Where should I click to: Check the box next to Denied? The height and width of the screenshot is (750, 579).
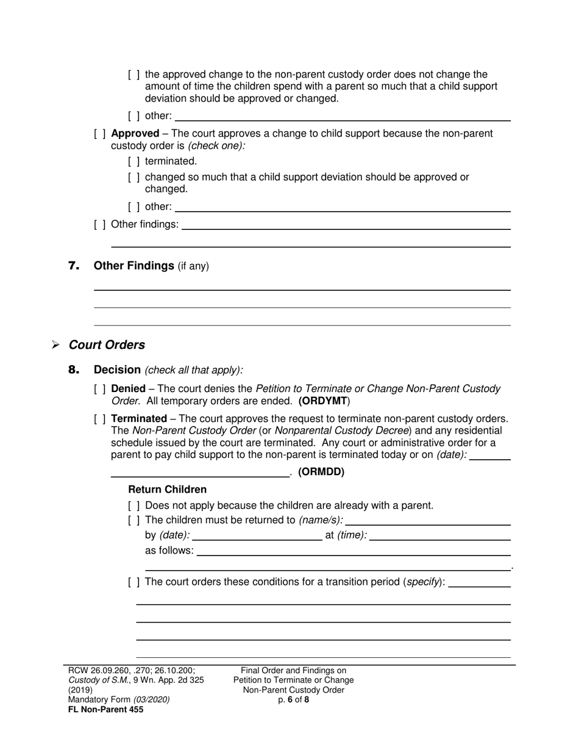pos(100,388)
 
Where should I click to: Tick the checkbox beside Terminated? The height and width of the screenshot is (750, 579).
pos(100,419)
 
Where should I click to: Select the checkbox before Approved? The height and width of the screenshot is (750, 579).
pos(100,134)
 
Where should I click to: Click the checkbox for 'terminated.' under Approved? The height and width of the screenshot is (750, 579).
pos(134,162)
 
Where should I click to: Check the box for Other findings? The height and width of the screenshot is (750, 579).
pos(100,224)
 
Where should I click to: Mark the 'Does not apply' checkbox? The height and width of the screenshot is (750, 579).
pos(134,505)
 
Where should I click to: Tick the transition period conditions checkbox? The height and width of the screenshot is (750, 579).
pos(134,582)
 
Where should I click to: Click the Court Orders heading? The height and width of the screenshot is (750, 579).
pos(107,345)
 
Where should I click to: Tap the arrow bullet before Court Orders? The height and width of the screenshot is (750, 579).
pos(55,345)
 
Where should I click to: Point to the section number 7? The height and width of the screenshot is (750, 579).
pos(74,266)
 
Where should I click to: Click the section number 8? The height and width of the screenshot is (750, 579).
pos(74,370)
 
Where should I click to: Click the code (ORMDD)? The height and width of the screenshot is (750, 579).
pos(321,471)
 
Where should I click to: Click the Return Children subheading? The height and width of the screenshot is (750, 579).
pos(167,490)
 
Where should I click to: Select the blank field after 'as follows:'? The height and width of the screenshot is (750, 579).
pos(353,552)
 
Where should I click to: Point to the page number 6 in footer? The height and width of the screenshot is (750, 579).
pos(291,700)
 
